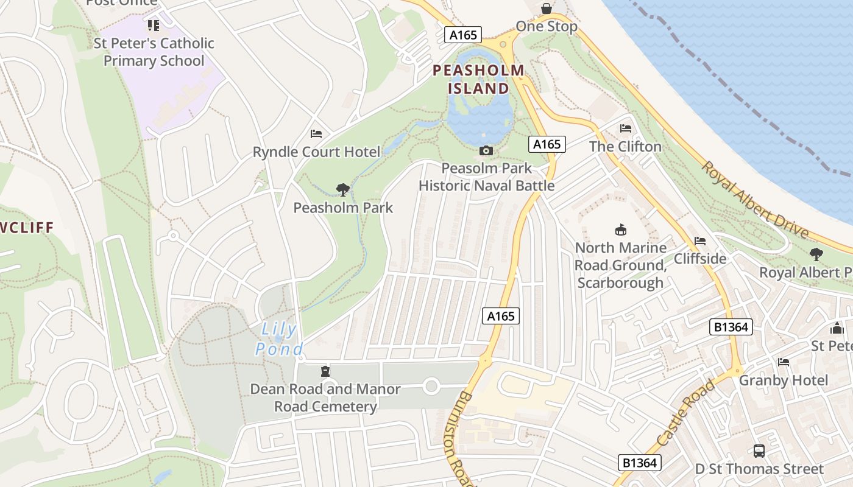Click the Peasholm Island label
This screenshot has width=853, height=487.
(478, 79)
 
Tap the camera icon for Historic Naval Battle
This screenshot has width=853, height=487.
(486, 150)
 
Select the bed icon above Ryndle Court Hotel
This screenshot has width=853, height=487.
(316, 134)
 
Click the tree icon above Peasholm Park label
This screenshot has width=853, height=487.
(343, 190)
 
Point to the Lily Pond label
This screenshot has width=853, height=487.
(279, 339)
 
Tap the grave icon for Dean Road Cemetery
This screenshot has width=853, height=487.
(325, 371)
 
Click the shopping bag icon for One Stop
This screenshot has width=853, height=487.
(547, 9)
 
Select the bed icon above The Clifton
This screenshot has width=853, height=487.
(626, 128)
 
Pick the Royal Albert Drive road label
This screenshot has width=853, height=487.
(756, 200)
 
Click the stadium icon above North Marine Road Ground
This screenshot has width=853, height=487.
(621, 229)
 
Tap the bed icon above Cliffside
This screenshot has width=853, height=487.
(700, 241)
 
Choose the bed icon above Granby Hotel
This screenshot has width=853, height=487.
(784, 362)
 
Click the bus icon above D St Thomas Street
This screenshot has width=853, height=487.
(759, 451)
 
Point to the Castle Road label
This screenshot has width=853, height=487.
(686, 413)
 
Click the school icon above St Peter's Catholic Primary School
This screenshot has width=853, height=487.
(154, 26)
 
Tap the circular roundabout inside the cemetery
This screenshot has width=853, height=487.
(431, 385)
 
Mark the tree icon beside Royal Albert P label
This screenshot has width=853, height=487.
(816, 254)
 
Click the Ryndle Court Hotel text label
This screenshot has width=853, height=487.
(316, 152)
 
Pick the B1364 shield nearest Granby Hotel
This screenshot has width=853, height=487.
(731, 327)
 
